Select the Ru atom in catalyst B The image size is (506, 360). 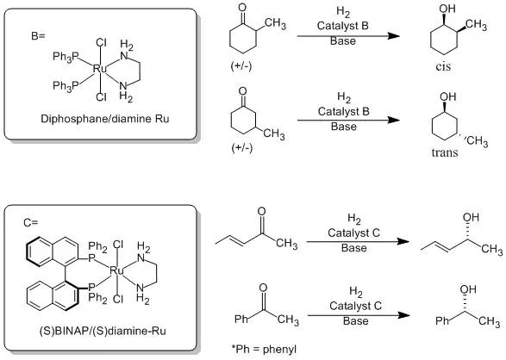pyautogui.click(x=100, y=67)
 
